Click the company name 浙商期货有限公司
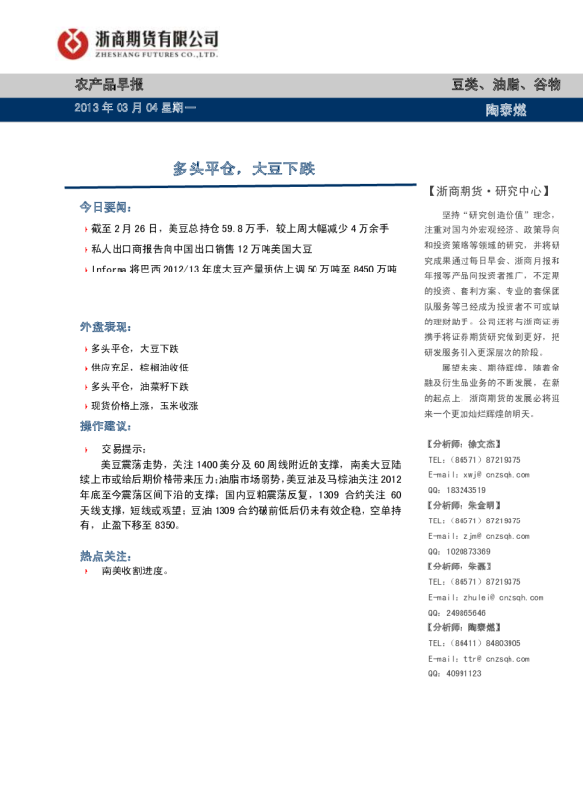157,37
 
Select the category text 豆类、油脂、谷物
506,85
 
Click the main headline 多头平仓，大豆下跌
244,169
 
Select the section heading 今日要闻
105,208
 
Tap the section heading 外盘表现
105,326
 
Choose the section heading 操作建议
105,426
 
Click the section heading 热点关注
105,555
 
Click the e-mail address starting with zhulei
492,597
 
